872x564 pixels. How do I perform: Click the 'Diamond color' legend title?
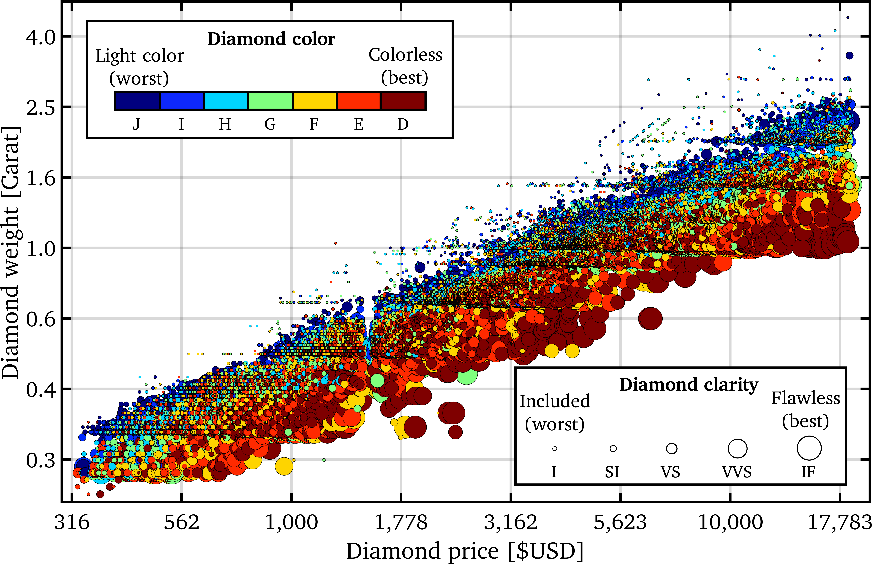271,39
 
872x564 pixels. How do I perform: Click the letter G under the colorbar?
270,124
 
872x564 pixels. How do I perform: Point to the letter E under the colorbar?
359,124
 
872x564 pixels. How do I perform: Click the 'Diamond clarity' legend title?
688,385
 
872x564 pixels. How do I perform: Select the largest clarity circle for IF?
809,448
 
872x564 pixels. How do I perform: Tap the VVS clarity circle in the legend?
737,448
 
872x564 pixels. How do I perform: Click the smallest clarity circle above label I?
555,448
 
